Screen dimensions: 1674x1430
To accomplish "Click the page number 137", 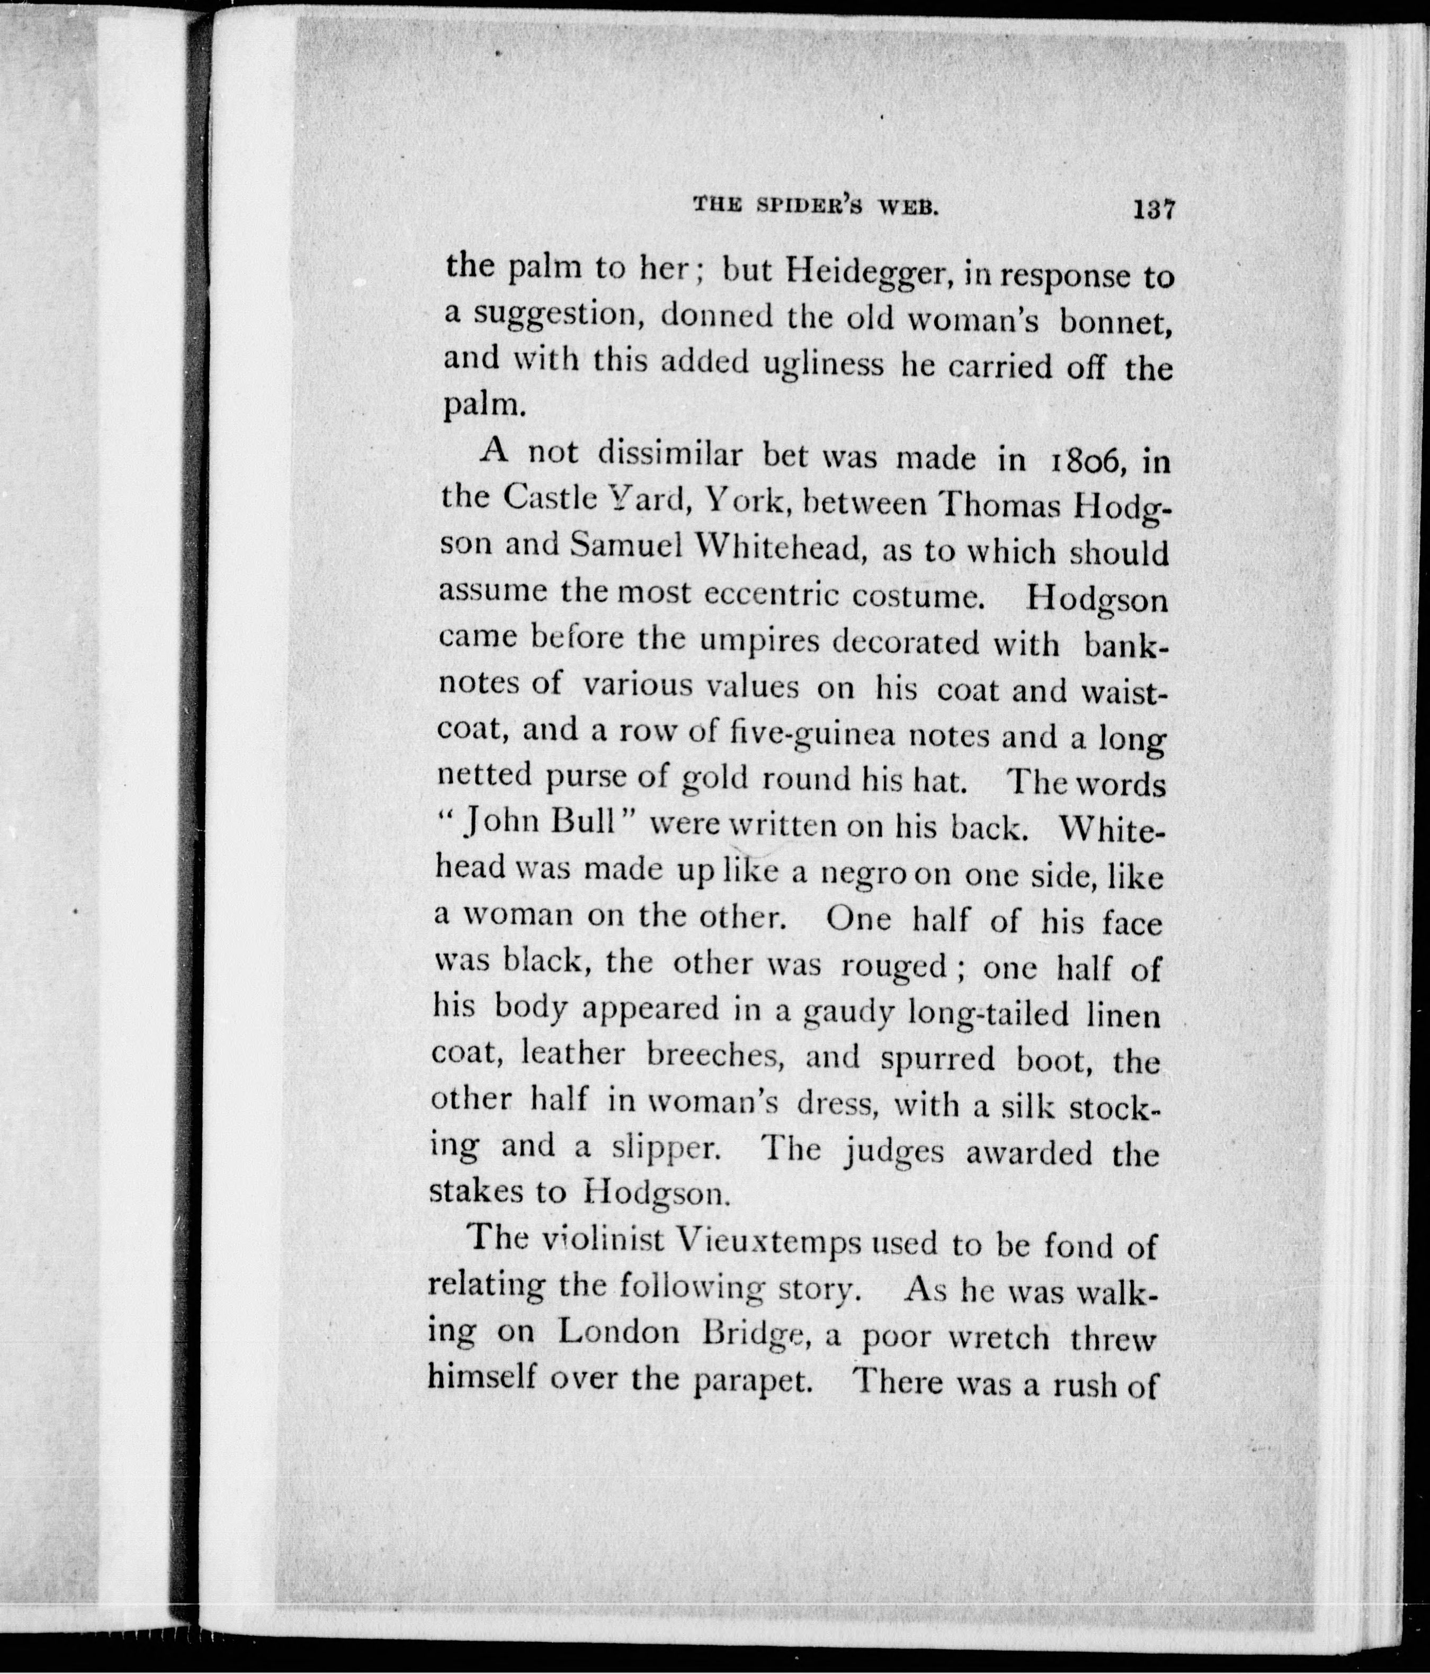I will (1153, 210).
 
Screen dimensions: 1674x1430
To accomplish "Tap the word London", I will (618, 1334).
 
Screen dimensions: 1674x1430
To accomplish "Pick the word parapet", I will (752, 1382).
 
